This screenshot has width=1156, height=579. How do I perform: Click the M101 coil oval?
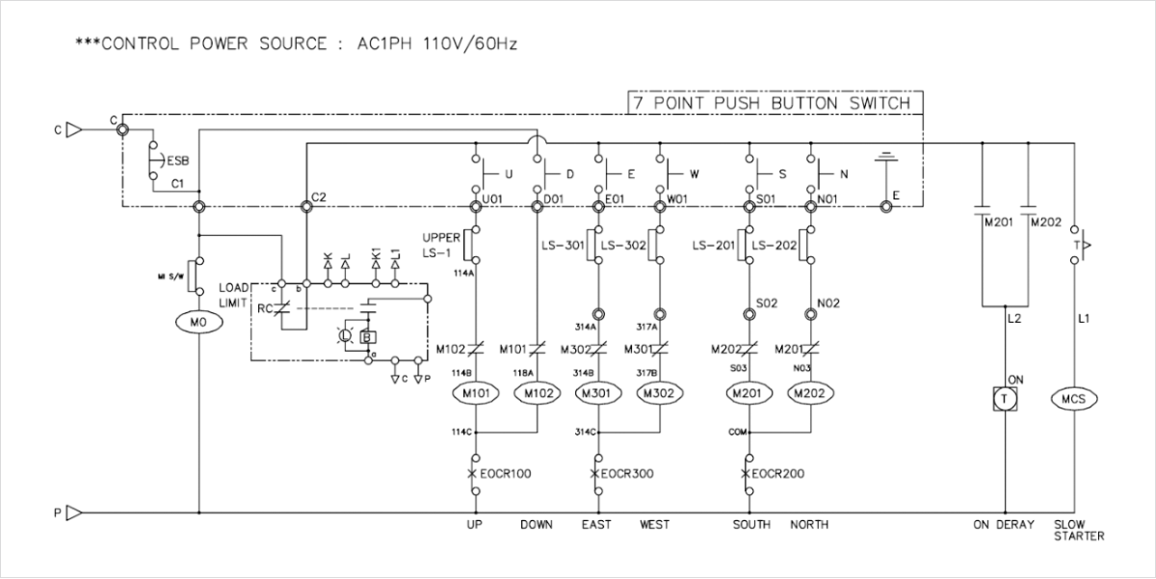point(474,393)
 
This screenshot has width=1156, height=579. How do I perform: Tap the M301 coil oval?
point(597,393)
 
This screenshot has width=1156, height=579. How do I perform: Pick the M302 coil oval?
point(659,393)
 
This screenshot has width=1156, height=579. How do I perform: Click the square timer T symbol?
point(1005,398)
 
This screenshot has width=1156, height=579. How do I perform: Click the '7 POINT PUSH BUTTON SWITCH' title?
point(771,102)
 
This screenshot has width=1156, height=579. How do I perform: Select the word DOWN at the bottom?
point(536,525)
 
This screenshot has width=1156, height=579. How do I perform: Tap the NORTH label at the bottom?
point(809,525)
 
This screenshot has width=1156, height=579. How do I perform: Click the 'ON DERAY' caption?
point(1003,525)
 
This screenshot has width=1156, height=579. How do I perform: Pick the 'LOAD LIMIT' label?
point(233,295)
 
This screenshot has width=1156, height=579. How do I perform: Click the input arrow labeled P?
point(73,513)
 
